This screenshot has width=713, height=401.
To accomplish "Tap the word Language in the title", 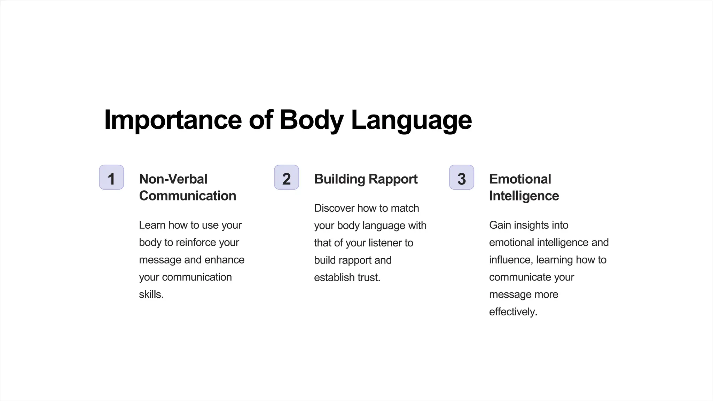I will pyautogui.click(x=411, y=120).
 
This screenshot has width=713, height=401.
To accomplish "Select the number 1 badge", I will pyautogui.click(x=111, y=178).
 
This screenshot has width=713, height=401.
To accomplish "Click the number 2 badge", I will pyautogui.click(x=287, y=178).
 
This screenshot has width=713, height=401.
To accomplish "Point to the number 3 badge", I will pyautogui.click(x=462, y=178).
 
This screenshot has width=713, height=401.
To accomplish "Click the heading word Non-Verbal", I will pyautogui.click(x=173, y=179).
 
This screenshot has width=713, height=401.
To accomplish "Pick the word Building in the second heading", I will pyautogui.click(x=339, y=179).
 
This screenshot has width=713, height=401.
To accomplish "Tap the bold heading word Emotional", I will pyautogui.click(x=520, y=179).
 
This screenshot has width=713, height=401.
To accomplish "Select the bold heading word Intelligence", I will pyautogui.click(x=524, y=196).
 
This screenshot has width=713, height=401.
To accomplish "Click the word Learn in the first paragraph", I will pyautogui.click(x=152, y=225).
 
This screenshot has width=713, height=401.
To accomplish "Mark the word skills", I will pyautogui.click(x=151, y=294).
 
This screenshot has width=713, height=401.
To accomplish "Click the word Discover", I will pyautogui.click(x=334, y=208).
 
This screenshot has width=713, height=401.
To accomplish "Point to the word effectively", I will pyautogui.click(x=513, y=312).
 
